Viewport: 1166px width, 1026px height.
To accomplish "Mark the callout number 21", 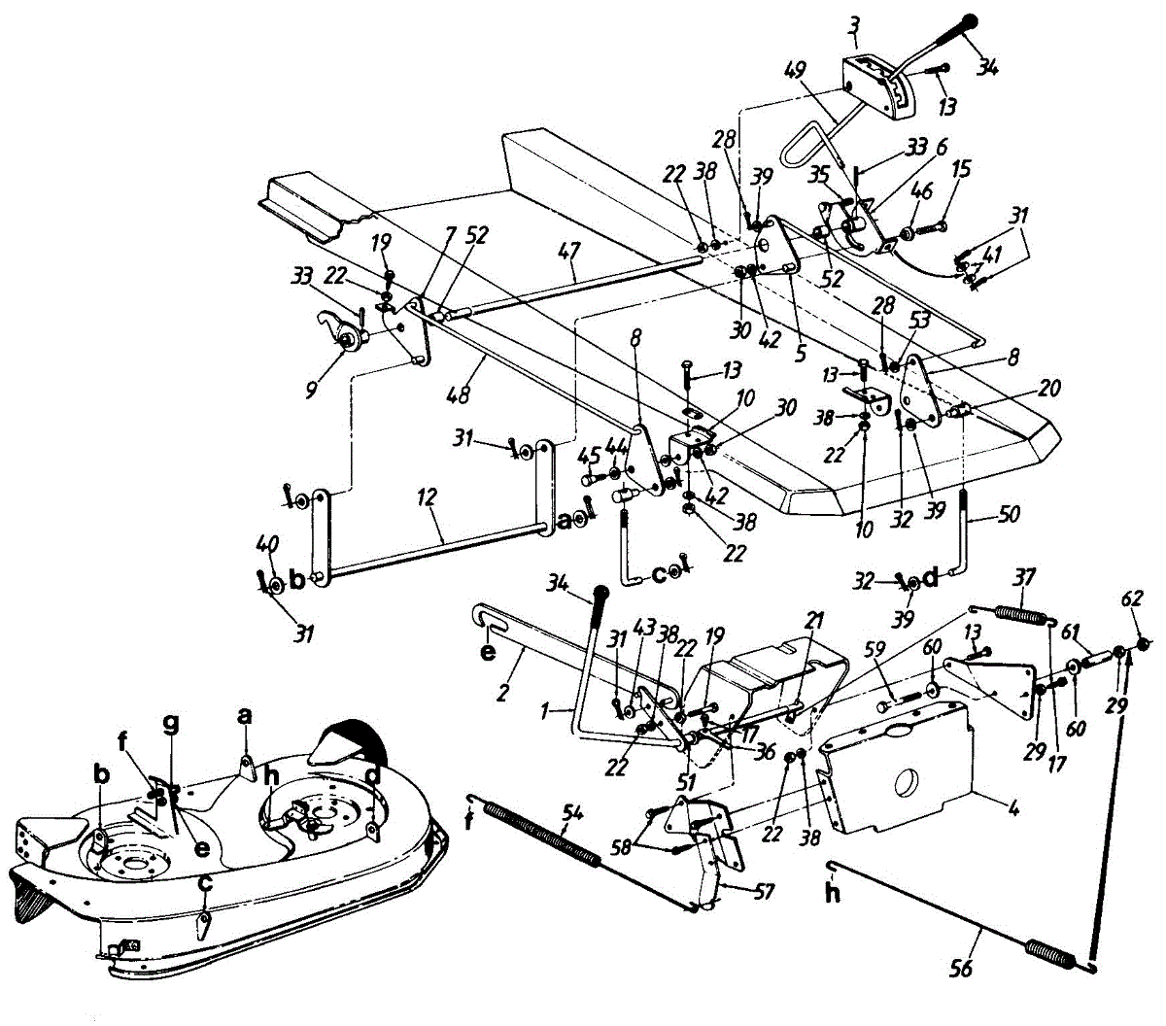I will coord(813,619).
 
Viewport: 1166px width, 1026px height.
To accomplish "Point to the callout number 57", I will coord(764,890).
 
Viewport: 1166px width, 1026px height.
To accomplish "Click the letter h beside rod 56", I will coord(833,894).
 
